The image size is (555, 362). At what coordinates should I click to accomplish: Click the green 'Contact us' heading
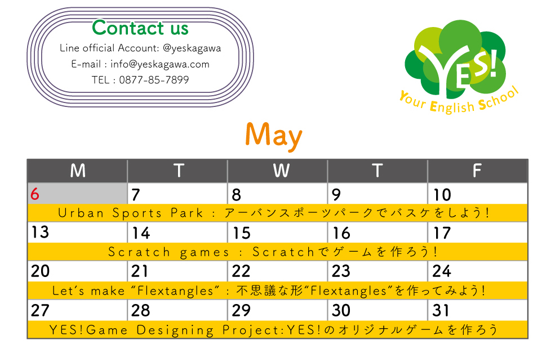click(140, 28)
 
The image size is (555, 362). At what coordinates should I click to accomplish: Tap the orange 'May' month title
click(274, 136)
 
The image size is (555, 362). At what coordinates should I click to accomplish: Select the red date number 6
click(35, 194)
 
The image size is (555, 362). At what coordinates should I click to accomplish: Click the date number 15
click(241, 233)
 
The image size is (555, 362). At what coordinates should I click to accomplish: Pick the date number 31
click(441, 310)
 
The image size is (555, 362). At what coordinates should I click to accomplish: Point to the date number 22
click(241, 271)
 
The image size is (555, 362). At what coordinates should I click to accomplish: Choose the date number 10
click(442, 195)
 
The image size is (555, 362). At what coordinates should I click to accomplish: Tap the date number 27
click(40, 310)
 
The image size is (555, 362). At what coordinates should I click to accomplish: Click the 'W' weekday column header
click(281, 171)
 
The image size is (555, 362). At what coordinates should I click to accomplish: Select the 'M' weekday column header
click(78, 171)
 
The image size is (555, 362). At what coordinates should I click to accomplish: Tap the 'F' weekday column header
click(477, 171)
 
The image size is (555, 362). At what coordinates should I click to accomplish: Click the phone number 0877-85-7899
click(154, 80)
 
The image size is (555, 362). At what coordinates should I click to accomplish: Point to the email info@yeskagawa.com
click(160, 64)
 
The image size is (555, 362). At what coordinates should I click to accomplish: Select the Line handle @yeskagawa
click(192, 48)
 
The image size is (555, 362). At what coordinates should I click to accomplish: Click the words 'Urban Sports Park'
click(131, 213)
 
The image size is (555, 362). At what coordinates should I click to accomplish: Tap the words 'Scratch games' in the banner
click(169, 252)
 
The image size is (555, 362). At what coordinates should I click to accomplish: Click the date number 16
click(341, 233)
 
